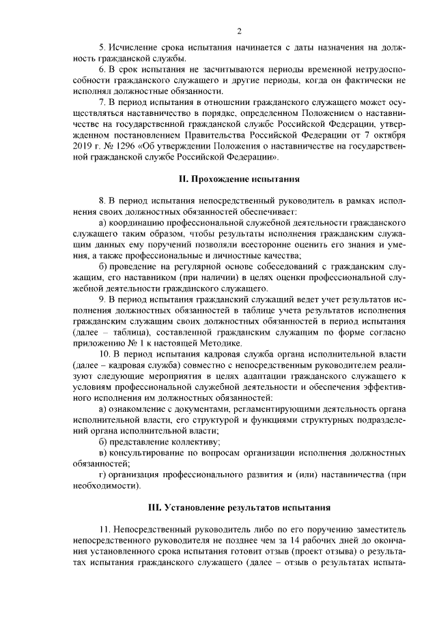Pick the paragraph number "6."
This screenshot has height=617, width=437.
[102, 70]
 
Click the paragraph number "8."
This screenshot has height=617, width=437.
[102, 201]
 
